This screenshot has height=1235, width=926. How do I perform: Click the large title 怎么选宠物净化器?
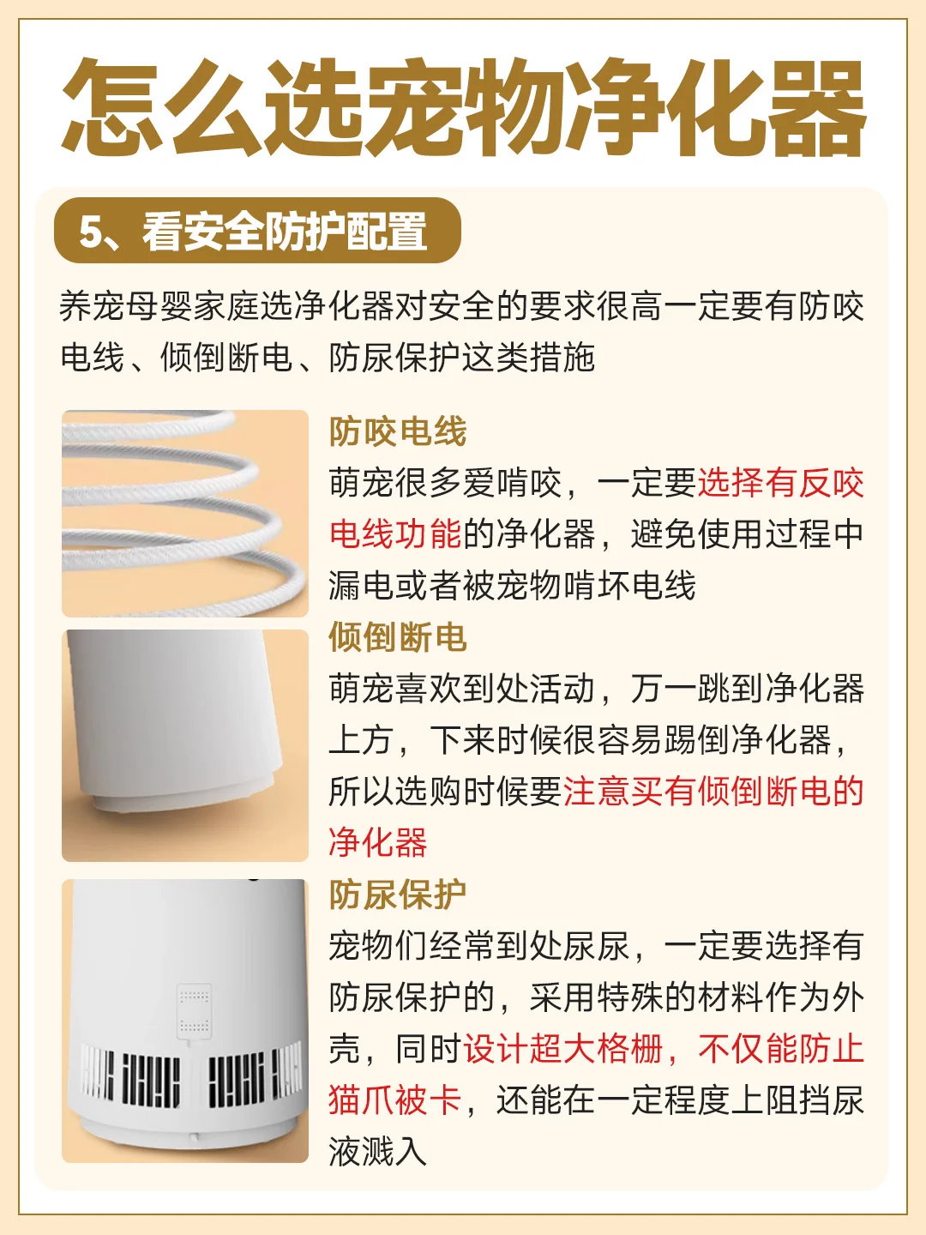click(x=463, y=106)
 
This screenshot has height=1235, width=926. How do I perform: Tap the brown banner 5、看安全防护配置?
click(x=257, y=230)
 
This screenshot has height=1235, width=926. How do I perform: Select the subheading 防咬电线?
click(x=398, y=431)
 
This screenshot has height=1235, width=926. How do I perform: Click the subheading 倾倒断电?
click(x=398, y=637)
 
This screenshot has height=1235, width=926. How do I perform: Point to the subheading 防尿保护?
click(x=398, y=894)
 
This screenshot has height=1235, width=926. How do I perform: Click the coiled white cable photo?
click(x=185, y=513)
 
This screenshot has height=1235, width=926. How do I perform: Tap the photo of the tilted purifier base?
click(x=185, y=745)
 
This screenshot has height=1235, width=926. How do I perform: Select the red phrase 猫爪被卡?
click(x=394, y=1100)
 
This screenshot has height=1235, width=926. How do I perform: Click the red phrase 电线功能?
click(x=394, y=534)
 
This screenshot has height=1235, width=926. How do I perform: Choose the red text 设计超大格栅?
click(x=562, y=1048)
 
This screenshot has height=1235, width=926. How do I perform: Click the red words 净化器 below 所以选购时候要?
click(x=378, y=842)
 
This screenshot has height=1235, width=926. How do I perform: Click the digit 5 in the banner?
click(x=88, y=232)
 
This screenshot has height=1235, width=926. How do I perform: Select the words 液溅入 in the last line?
click(x=378, y=1151)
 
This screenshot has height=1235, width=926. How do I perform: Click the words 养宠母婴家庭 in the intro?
click(x=159, y=307)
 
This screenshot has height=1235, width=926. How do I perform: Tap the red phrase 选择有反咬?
click(x=781, y=483)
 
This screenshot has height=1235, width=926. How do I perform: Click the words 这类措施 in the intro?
click(x=528, y=358)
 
